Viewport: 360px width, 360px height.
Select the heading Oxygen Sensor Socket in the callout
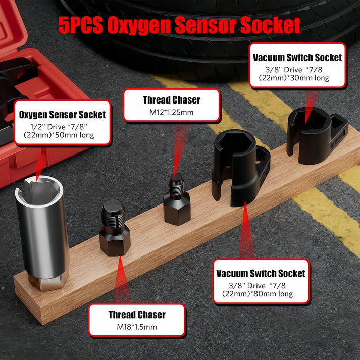62,115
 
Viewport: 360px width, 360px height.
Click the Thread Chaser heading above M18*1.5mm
136,315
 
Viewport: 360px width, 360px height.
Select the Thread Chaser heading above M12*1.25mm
172,100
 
